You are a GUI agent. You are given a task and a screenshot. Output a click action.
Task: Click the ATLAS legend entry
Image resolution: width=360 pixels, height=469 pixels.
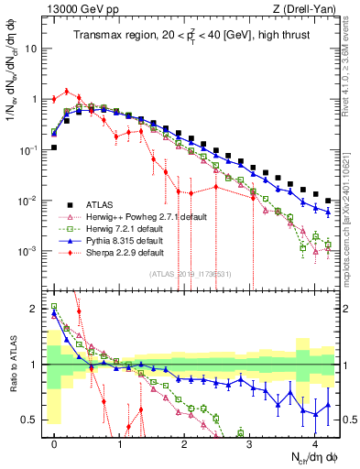coord(99,203)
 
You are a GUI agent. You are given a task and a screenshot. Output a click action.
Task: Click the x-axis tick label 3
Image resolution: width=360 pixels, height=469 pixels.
coord(250,443)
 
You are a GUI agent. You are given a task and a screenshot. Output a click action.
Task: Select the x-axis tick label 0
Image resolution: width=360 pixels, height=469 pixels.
coord(55,443)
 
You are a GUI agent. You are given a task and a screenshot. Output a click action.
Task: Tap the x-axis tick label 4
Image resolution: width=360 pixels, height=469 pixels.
coord(315,443)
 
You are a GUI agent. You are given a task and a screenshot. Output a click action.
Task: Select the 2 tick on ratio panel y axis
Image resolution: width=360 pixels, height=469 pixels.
coord(35,309)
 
